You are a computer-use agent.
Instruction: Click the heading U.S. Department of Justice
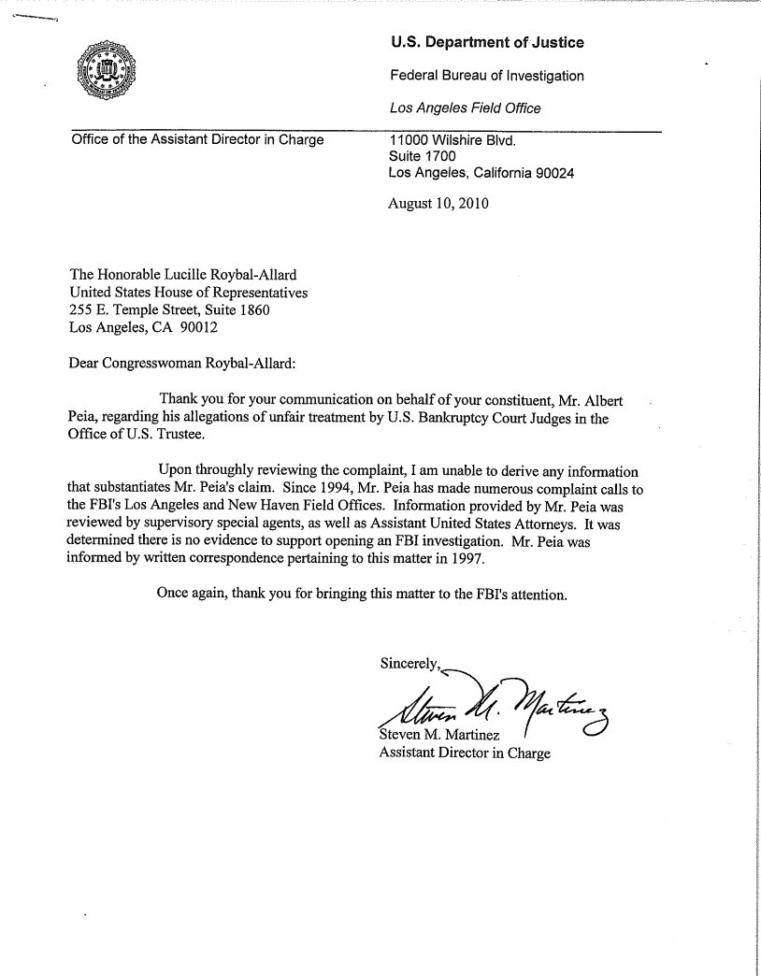coord(486,43)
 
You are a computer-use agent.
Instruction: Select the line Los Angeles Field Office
coord(465,108)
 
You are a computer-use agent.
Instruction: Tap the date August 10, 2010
coord(438,202)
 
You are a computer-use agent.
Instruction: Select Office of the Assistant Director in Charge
coord(197,141)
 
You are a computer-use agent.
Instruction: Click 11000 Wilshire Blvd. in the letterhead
coord(452,141)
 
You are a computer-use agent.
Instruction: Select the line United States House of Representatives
coord(190,292)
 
